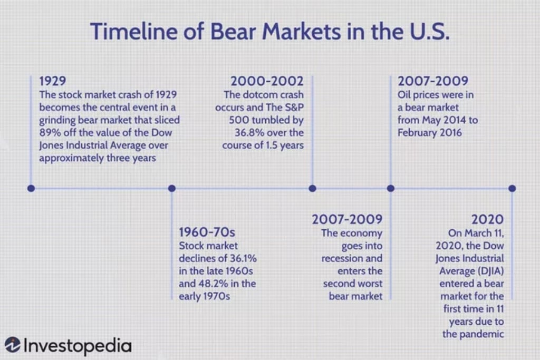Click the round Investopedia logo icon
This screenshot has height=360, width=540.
[13, 345]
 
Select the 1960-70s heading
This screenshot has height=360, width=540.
[207, 232]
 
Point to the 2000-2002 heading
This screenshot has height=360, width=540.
[267, 81]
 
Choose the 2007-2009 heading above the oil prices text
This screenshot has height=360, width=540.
[433, 81]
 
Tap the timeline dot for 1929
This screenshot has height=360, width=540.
[31, 188]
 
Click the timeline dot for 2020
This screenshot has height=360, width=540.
[512, 188]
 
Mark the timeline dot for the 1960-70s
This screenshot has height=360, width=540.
[172, 188]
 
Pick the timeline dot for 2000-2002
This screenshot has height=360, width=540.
[312, 188]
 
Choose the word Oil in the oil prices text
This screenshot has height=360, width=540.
[404, 95]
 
